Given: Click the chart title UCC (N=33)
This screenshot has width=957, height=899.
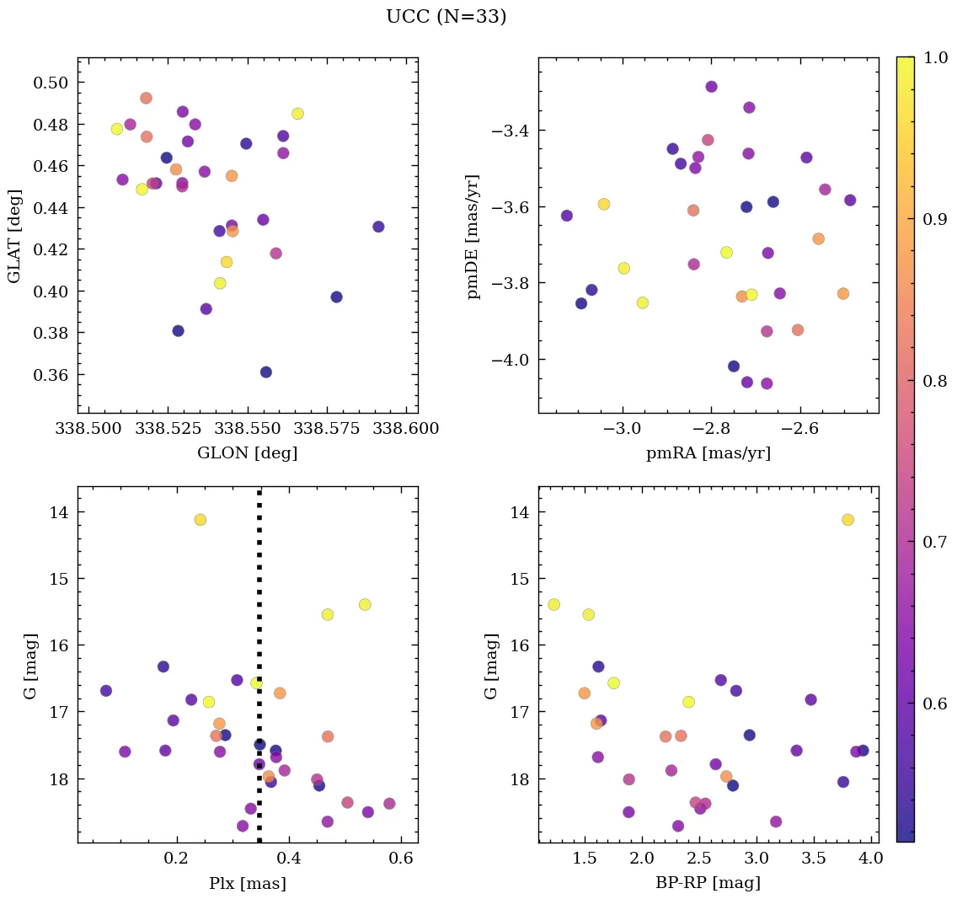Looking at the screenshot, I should point(446,17).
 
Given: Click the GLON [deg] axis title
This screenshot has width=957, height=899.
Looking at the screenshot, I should point(247,453).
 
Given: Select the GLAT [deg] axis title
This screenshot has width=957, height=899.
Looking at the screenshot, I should point(14,236).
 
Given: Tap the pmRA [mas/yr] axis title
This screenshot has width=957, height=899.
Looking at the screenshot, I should point(708,453).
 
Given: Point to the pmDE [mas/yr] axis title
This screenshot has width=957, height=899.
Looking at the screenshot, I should point(473,236).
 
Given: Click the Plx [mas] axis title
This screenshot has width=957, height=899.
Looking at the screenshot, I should point(247,883).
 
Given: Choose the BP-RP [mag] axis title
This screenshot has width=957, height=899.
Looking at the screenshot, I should point(708,883).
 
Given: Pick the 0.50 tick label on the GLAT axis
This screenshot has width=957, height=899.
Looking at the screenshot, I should point(51,83).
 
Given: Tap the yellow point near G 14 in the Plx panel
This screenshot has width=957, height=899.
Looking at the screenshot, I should point(200,519).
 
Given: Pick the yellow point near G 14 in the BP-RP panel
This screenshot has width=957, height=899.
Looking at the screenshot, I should point(847,519).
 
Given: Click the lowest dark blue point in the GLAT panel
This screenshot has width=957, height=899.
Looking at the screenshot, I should point(265,372).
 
